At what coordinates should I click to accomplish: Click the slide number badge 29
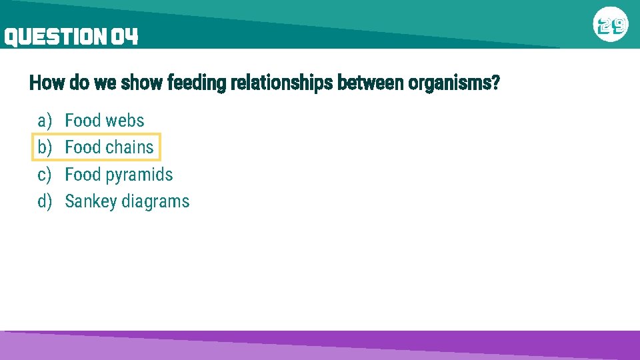[x=611, y=26]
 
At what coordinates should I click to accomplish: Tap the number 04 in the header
[x=125, y=37]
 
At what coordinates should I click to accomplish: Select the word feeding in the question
[x=197, y=84]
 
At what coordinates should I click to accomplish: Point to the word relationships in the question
[x=282, y=84]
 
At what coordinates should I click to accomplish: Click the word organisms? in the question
[x=453, y=84]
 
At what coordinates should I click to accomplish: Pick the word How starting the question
[x=43, y=84]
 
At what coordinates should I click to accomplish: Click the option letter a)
[x=45, y=121]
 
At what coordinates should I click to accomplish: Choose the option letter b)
[x=45, y=147]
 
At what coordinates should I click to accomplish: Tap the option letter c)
[x=45, y=175]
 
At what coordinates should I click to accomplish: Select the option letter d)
[x=45, y=201]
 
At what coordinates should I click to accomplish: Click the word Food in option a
[x=82, y=121]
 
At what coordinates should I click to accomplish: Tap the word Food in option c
[x=82, y=175]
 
